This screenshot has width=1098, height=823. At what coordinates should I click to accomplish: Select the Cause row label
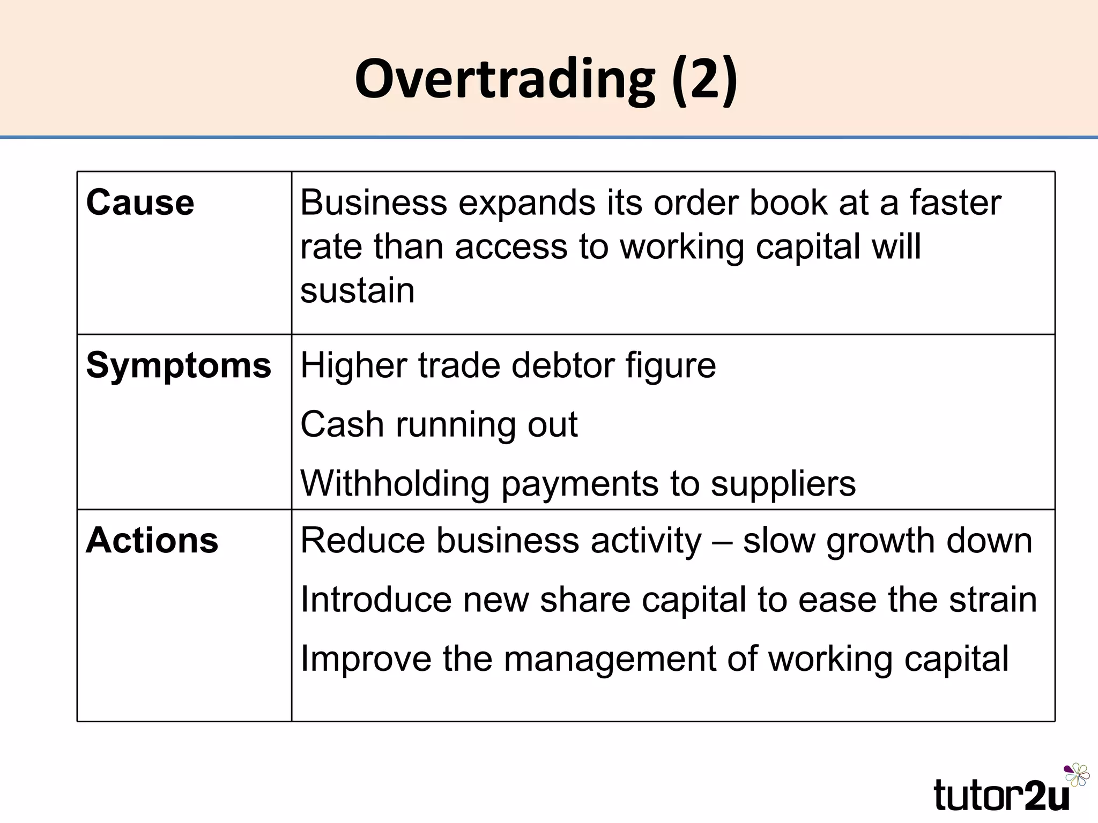[x=140, y=203]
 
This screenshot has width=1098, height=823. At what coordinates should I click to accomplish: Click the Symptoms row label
[x=179, y=366]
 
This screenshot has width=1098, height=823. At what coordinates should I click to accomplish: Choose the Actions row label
[x=152, y=540]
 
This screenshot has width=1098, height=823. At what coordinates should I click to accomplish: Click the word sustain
[x=358, y=291]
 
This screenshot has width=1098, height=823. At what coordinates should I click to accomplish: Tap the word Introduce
[x=376, y=599]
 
